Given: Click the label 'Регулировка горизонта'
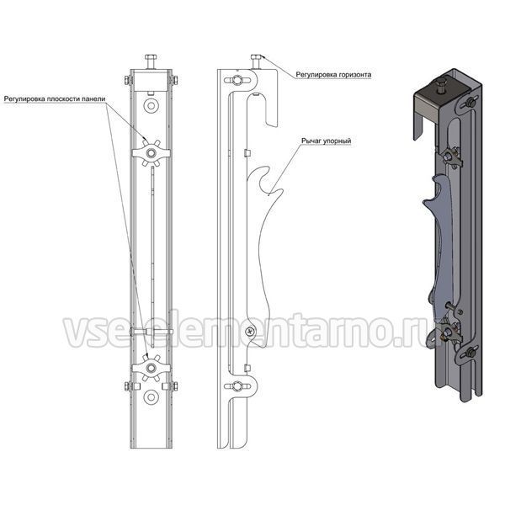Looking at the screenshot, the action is [x=333, y=75].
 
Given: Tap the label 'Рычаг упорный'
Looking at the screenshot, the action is [x=326, y=141].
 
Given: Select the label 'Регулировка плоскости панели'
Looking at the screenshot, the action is [x=55, y=98].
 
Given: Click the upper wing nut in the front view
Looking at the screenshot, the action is [x=151, y=153].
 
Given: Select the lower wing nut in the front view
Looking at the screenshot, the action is [x=151, y=368].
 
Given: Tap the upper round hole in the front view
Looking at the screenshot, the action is [x=151, y=106].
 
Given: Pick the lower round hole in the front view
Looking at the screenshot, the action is [x=151, y=396].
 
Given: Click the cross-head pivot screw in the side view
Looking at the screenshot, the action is [x=250, y=331].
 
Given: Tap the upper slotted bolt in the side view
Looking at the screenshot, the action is [x=237, y=80].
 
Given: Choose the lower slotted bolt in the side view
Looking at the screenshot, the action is [x=237, y=385].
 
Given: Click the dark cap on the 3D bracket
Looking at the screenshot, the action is [x=428, y=108].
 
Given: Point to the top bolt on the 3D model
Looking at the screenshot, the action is [x=439, y=86].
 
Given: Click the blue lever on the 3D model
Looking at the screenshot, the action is [x=439, y=248].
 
